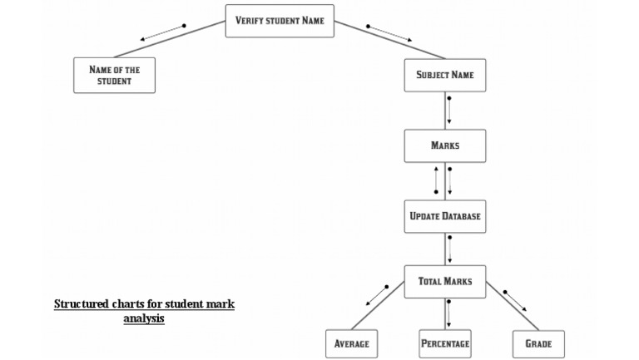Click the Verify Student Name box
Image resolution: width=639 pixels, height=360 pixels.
click(x=280, y=21)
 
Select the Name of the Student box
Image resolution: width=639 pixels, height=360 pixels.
click(x=114, y=75)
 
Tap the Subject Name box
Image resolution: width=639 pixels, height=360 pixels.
click(x=445, y=75)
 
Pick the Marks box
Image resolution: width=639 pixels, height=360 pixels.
click(x=445, y=145)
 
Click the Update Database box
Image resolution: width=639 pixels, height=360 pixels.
click(x=445, y=216)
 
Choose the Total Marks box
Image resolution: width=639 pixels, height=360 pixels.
click(x=445, y=281)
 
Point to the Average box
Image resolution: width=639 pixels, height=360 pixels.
click(x=351, y=343)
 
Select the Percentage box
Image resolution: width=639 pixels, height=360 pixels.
click(x=445, y=343)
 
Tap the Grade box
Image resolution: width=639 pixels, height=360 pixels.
click(x=538, y=343)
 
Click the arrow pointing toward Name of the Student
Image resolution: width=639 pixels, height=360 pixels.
click(x=162, y=32)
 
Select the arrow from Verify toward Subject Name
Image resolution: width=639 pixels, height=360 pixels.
click(x=389, y=32)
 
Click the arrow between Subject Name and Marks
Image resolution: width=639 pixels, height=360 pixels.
click(x=449, y=111)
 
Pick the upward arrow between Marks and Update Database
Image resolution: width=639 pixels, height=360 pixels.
click(x=436, y=180)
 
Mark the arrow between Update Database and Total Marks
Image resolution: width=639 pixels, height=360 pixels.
click(x=449, y=249)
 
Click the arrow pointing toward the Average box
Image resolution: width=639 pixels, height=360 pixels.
click(x=370, y=298)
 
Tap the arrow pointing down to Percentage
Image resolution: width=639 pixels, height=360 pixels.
click(x=449, y=312)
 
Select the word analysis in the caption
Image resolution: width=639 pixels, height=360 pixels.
click(x=144, y=318)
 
